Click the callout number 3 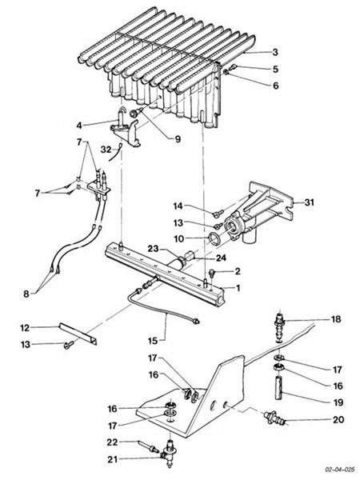tap(275, 52)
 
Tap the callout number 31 tap(309, 202)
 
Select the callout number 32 tap(106, 150)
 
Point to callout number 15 tap(153, 341)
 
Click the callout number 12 tap(25, 328)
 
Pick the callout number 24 tap(221, 258)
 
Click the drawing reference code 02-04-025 tap(340, 470)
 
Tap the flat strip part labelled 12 tap(78, 334)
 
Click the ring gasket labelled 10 tap(214, 238)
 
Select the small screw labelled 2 tap(211, 272)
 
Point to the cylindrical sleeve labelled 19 tap(279, 389)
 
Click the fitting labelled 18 tap(279, 327)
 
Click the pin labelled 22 tap(147, 446)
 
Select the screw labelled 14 tap(218, 214)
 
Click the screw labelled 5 tap(234, 66)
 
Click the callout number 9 tap(178, 139)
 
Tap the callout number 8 tap(26, 294)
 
